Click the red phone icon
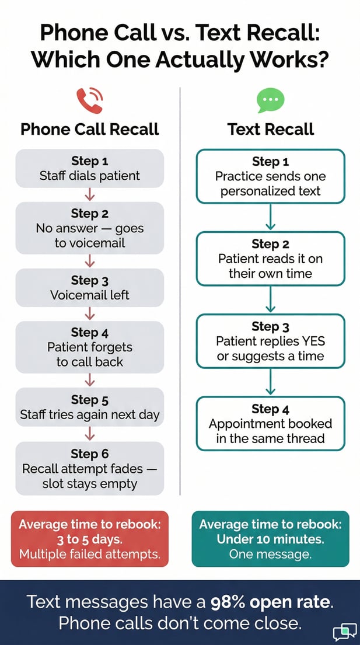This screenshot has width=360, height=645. click(89, 101)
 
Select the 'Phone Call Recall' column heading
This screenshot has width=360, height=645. click(90, 129)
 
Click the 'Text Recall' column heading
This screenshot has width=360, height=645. click(271, 129)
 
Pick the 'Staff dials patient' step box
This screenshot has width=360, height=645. click(90, 168)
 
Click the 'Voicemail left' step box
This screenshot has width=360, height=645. click(90, 287)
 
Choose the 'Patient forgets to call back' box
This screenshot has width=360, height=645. click(90, 347)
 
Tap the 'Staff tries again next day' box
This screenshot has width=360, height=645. click(90, 407)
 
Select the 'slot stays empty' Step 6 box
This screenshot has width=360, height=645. click(90, 468)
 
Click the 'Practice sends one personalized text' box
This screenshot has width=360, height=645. click(270, 176)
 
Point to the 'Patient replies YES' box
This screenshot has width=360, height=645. click(270, 341)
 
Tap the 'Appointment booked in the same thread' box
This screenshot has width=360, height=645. click(270, 423)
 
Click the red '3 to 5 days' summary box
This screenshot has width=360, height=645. click(90, 539)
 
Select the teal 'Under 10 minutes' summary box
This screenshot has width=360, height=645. click(270, 539)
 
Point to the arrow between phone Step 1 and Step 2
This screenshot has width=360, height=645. click(90, 194)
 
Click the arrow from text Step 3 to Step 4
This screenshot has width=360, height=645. click(270, 382)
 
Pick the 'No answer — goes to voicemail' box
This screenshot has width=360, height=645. click(90, 228)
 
